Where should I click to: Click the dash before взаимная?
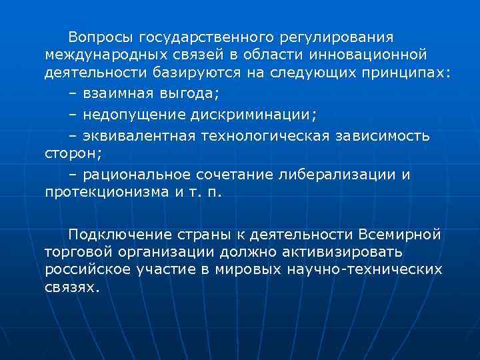click(x=73, y=93)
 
